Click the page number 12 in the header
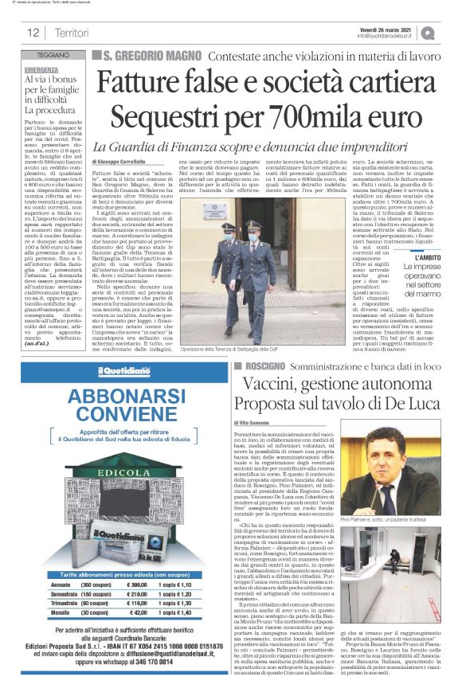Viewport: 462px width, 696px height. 33,33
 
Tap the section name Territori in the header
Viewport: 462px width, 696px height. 72,33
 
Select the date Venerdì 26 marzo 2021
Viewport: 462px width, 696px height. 385,28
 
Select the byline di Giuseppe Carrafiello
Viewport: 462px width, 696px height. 123,162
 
